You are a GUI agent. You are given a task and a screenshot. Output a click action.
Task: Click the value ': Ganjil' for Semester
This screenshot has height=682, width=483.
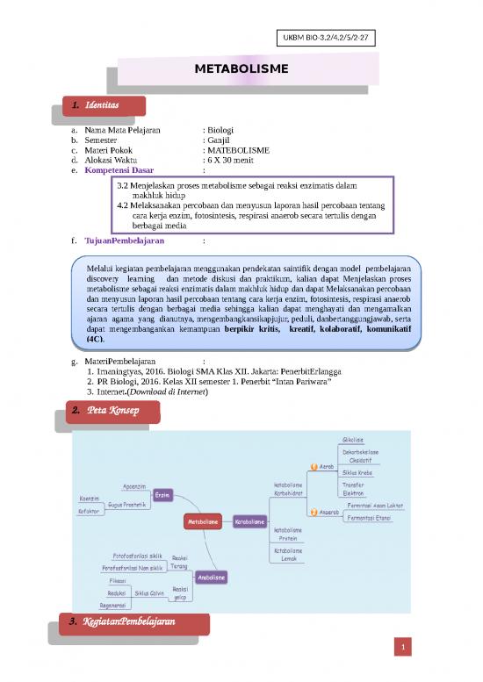pos(216,140)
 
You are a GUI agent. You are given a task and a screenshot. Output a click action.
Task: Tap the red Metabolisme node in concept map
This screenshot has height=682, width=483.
pos(202,522)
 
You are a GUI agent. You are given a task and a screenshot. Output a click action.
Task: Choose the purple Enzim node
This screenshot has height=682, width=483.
pos(162,495)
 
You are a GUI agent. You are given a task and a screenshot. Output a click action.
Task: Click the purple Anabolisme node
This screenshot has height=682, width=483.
pos(212,578)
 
